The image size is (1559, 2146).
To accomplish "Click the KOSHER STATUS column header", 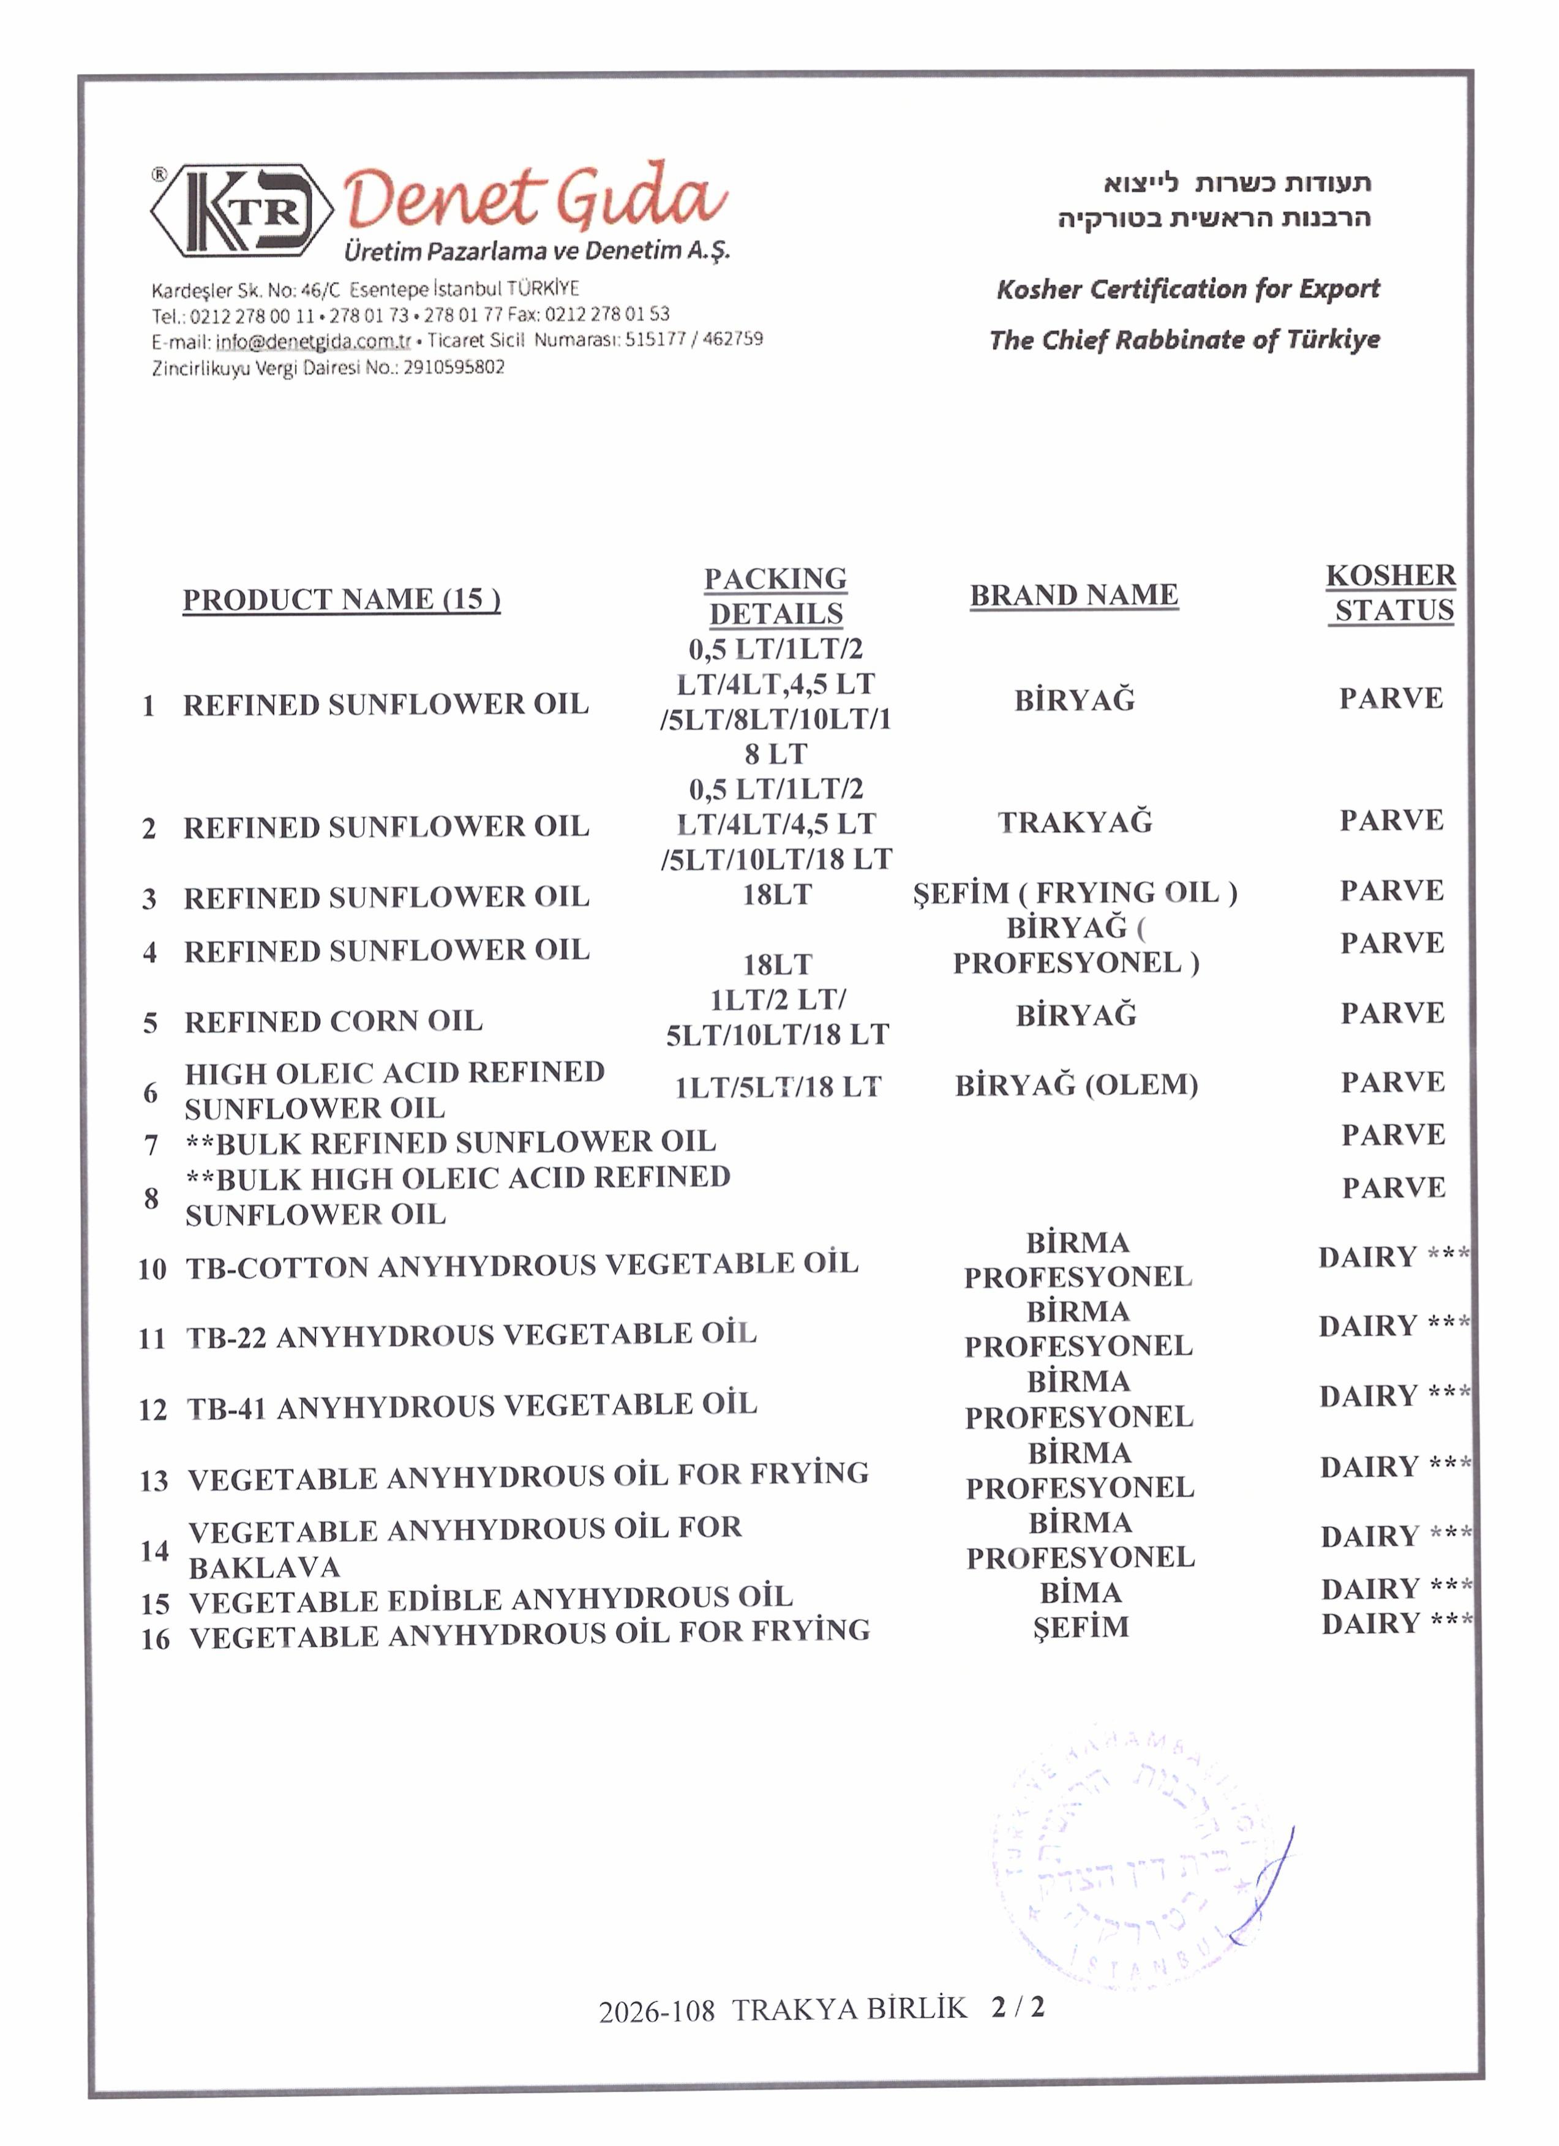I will point(1391,593).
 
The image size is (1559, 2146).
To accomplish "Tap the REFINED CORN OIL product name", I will point(333,1022).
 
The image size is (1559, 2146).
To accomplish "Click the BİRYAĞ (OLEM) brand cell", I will point(1076,1086).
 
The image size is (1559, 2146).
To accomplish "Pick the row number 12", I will point(152,1410).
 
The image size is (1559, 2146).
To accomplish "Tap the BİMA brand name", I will point(1080,1593).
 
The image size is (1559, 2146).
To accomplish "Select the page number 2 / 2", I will point(1018,2008).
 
